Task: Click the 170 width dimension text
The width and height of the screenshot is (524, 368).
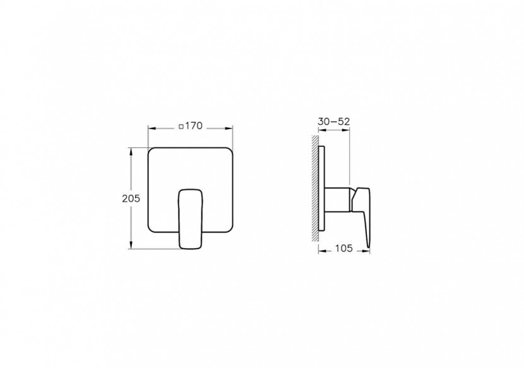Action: point(193,126)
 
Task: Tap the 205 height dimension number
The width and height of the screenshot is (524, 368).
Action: point(130,197)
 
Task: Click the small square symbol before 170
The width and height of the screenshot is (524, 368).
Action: point(181,127)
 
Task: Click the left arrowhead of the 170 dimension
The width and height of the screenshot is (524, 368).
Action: point(151,127)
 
